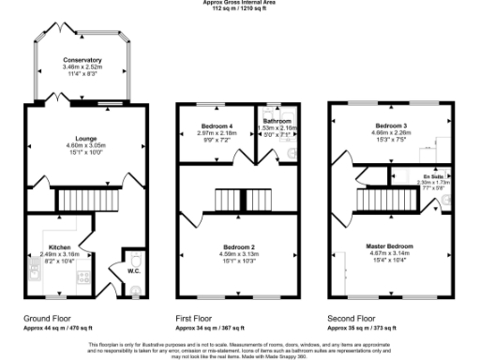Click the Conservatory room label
[x=82, y=60]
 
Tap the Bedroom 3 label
[x=393, y=126]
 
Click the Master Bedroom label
[x=393, y=246]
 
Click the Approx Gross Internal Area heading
[x=240, y=3]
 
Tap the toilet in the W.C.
[x=136, y=257]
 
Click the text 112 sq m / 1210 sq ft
[x=240, y=8]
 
